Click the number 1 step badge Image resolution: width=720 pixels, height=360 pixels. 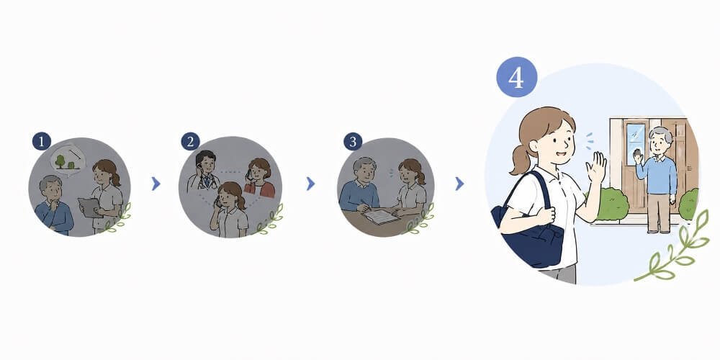coord(41,141)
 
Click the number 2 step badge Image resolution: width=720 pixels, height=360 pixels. coord(190,141)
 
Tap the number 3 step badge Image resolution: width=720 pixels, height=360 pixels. coord(353,141)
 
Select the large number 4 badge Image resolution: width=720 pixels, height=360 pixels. coord(516,77)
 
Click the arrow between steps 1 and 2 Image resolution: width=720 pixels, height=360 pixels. coord(156,184)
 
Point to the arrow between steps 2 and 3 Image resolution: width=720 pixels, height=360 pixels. coord(311,184)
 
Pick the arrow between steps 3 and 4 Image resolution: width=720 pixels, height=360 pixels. coord(459,184)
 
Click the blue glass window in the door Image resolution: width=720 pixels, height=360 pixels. coord(636,144)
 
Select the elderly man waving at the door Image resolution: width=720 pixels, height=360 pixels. coord(657,179)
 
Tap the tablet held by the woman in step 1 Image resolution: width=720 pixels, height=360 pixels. coord(89,207)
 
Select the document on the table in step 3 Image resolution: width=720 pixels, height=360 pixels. coord(381,216)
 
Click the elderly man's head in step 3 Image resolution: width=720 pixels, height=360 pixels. coord(364,169)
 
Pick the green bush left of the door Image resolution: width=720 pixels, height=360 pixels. coord(611,204)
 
